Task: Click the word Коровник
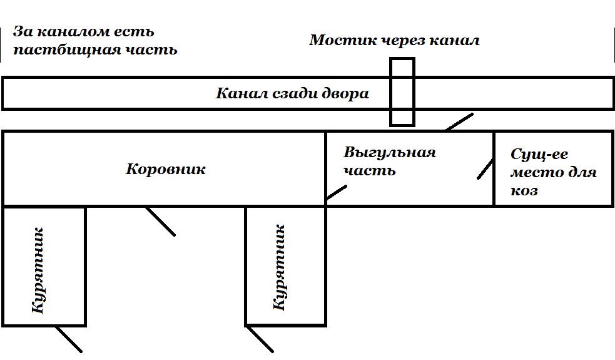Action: click(166, 169)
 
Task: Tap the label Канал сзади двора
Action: click(292, 94)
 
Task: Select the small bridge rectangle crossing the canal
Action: click(402, 91)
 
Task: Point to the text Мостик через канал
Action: click(394, 41)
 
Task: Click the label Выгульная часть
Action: click(389, 161)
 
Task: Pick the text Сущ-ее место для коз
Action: click(553, 172)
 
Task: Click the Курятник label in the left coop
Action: click(39, 270)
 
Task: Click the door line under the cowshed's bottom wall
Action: click(160, 221)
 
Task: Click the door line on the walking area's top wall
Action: click(460, 122)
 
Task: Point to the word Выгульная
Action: click(389, 152)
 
